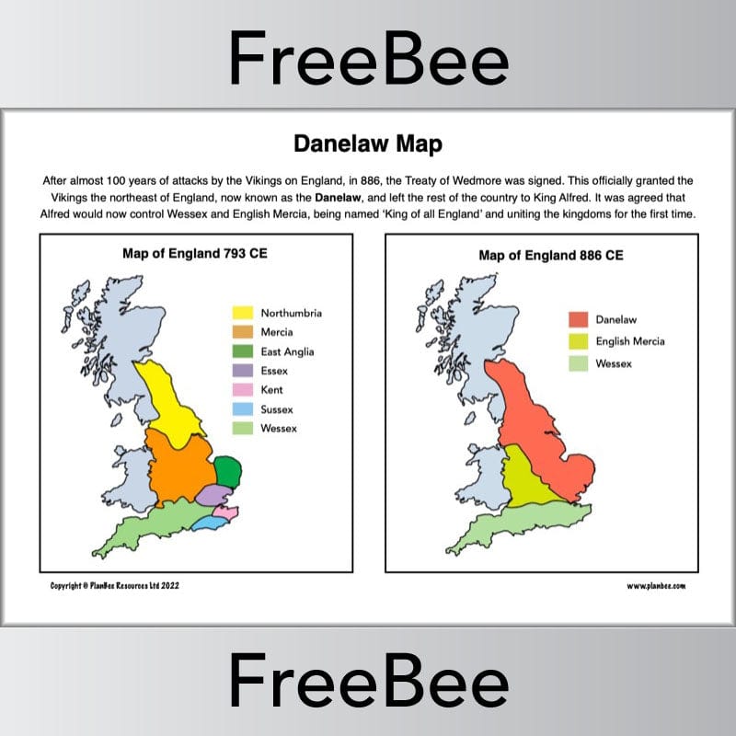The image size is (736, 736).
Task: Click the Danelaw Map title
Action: coord(368,144)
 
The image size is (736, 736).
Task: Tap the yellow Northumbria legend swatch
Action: coord(243,313)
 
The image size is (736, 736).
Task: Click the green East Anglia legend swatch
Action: coord(243,351)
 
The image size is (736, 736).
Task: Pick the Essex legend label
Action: coord(274,371)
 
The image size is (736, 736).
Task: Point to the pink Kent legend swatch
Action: coord(243,390)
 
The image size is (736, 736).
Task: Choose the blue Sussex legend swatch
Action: coord(243,409)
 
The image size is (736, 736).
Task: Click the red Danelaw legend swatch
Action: coord(578,320)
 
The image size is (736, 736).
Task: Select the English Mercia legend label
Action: coord(630,341)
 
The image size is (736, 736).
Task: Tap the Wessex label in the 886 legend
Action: coord(615,363)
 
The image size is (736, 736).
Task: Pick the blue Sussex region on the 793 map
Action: coord(208,523)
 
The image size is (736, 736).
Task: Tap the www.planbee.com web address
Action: coord(656,585)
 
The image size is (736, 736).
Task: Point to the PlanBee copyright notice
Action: coord(114,585)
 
